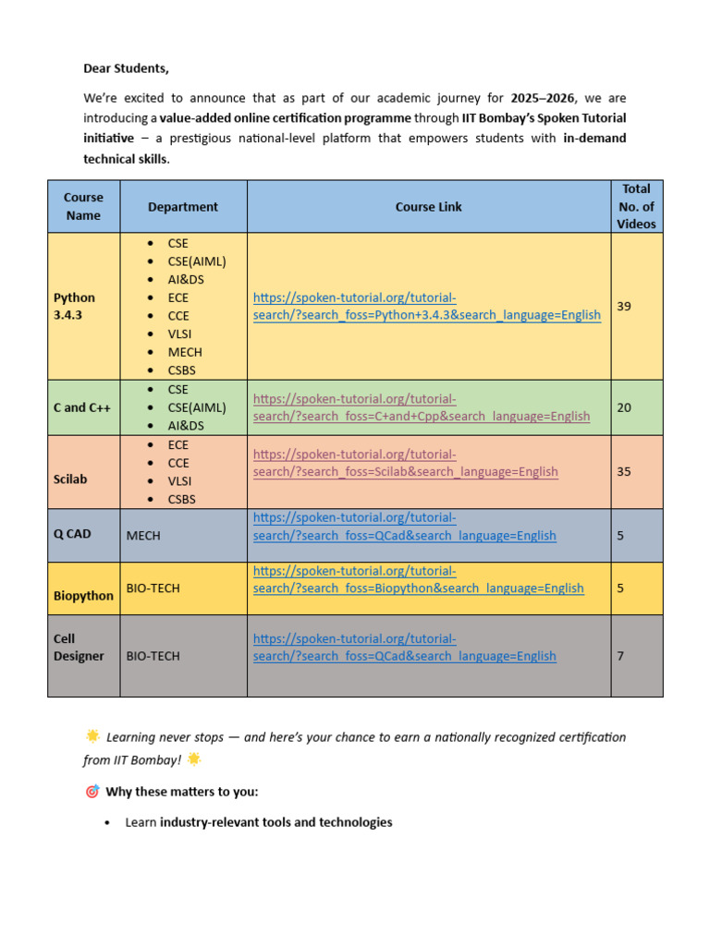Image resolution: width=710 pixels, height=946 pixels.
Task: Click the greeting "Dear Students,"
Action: pos(127,68)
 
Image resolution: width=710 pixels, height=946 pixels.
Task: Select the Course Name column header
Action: pos(83,206)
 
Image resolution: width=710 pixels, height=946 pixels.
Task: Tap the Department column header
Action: pos(183,207)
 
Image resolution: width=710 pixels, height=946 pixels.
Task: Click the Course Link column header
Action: pos(428,207)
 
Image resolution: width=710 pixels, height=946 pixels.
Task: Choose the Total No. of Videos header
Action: pos(636,206)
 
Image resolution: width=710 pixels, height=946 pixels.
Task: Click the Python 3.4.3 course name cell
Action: pos(75,306)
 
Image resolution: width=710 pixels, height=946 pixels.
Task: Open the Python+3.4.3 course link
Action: pos(426,307)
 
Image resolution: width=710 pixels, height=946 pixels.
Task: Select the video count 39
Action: pos(624,306)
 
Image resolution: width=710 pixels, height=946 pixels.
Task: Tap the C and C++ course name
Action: pos(81,407)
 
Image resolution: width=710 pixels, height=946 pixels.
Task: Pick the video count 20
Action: pos(624,407)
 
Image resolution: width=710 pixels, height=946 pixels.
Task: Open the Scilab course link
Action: pos(405,463)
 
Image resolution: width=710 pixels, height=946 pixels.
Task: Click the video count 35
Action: pos(624,471)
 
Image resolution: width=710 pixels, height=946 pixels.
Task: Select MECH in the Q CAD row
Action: pos(143,535)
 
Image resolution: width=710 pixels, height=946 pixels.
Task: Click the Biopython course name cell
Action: pos(83,596)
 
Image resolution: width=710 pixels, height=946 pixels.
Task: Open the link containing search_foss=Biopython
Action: pos(418,579)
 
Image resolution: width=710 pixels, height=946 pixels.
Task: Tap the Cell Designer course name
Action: pos(79,648)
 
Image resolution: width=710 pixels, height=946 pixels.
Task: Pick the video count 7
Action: pos(620,656)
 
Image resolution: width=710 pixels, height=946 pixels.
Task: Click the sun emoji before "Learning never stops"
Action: pos(92,736)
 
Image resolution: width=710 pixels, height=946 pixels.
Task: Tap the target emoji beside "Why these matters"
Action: pos(92,792)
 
